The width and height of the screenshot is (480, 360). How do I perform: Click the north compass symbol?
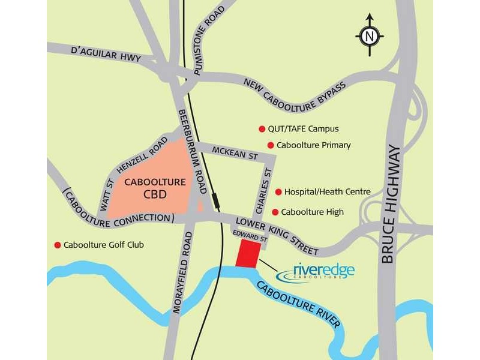click(370, 35)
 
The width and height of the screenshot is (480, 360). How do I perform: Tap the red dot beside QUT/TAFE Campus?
click(262, 129)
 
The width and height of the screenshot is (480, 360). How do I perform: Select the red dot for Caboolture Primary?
click(271, 145)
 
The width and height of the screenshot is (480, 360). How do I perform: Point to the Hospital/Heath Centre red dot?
click(278, 192)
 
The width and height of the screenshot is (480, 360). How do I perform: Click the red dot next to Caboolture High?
click(275, 212)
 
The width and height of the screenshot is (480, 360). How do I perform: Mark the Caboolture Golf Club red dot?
click(58, 245)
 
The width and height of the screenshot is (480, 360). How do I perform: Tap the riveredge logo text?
click(323, 270)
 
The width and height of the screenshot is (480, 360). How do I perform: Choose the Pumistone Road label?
click(206, 36)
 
